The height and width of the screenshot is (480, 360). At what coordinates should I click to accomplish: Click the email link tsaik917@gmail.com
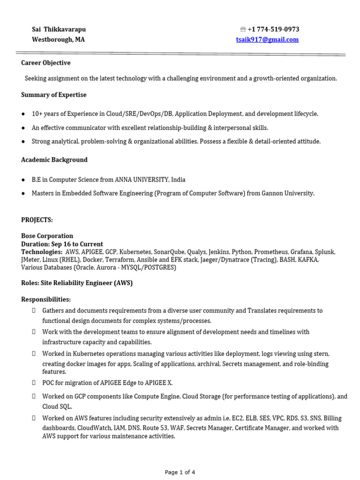[267, 40]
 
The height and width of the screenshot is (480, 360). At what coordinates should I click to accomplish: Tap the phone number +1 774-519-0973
[273, 29]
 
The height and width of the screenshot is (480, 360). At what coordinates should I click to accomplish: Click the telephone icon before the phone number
[243, 30]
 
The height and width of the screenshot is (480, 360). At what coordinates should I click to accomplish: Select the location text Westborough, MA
[58, 40]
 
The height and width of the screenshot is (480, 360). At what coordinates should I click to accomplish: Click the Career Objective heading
[46, 63]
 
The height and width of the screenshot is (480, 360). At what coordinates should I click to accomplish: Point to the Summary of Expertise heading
[54, 95]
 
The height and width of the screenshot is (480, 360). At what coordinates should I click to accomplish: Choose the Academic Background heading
[54, 160]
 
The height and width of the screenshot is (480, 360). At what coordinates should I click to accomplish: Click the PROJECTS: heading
[37, 220]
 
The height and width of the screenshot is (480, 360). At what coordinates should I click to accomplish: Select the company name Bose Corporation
[47, 236]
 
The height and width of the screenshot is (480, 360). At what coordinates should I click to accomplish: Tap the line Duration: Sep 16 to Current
[62, 244]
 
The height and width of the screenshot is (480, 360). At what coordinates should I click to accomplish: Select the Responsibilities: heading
[46, 299]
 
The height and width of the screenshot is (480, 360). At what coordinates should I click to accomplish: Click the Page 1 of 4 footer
[180, 472]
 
